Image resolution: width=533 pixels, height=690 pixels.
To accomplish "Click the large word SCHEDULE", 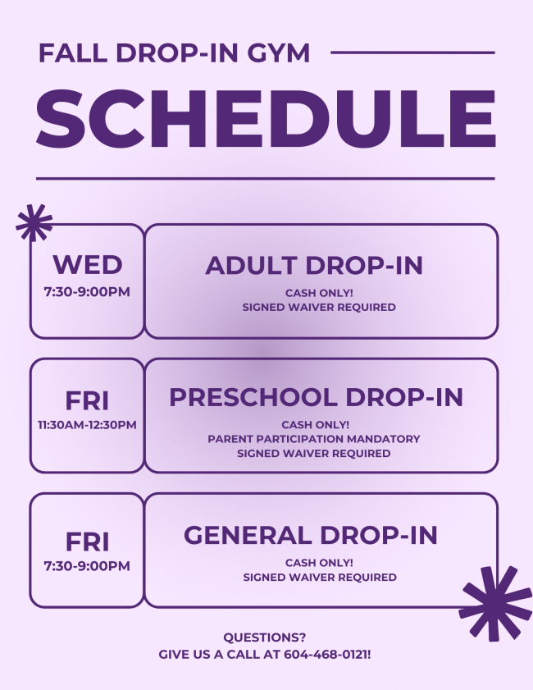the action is (266, 118).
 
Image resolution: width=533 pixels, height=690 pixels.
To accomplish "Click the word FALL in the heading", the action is (73, 53).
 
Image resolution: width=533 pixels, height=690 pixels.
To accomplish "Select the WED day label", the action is (87, 265).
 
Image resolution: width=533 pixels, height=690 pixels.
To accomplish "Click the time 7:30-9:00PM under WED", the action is (87, 292).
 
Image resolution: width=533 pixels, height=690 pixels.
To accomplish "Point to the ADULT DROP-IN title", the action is (314, 265).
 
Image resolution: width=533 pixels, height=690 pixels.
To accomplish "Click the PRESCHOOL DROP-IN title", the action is (317, 397).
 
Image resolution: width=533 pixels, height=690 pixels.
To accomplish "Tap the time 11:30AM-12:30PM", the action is (87, 425).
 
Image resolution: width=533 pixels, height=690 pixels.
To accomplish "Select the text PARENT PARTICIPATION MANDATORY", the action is (314, 439).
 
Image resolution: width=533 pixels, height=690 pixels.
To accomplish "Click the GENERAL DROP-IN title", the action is (311, 536).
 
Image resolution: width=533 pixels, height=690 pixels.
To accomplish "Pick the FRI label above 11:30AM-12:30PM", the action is (87, 401).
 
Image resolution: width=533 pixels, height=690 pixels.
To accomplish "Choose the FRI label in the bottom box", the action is (87, 541).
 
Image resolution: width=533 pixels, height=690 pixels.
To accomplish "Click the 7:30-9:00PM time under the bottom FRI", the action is (87, 566).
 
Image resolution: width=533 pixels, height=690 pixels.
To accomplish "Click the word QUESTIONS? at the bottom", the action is (264, 637).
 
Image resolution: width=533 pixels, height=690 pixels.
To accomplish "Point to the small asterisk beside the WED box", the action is (34, 222).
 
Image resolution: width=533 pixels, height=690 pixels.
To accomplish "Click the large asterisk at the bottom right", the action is (495, 604).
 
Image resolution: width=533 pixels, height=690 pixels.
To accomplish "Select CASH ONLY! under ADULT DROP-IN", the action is (319, 293).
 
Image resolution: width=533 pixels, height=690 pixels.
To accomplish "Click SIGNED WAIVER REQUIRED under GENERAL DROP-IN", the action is (320, 578).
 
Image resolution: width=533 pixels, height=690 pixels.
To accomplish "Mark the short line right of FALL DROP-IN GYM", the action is (413, 53).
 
